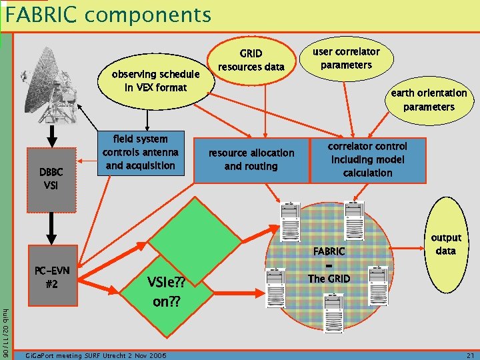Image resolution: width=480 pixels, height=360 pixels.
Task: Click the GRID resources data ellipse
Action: pos(251,60)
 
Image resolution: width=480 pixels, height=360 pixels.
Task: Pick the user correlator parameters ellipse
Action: pos(346,59)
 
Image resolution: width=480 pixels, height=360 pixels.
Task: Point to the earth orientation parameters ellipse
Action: pos(428,100)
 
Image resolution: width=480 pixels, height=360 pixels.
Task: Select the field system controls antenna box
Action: pos(140,153)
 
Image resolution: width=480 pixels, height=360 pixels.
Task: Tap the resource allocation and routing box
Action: pos(251,160)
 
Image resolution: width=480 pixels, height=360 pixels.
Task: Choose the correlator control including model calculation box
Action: pos(367,160)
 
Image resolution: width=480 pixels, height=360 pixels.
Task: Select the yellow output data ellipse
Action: pos(445,244)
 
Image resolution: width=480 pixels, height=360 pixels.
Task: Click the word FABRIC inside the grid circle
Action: pos(329,251)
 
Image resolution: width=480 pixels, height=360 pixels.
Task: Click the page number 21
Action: pos(468,355)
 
